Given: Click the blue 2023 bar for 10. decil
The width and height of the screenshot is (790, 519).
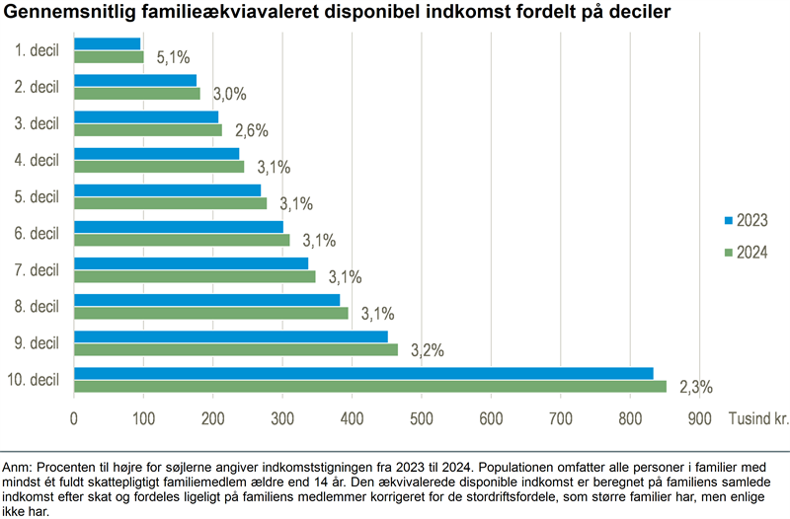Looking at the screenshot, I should pos(363,373).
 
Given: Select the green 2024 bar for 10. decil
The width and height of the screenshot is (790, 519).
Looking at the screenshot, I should pos(370,386).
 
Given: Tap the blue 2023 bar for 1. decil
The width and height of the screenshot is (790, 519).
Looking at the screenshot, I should pos(108,43).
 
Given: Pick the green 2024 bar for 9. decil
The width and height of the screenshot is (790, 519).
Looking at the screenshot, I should pos(236,349).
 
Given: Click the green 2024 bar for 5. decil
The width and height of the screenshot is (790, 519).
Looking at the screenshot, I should pos(171,203).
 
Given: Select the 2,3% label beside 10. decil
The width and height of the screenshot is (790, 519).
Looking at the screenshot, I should pos(696,386).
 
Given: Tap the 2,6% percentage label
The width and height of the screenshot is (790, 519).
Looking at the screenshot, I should pos(252,130).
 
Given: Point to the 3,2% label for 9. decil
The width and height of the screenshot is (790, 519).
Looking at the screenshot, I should pos(428,349).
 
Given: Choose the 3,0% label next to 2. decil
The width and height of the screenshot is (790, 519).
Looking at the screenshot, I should pos(229,94).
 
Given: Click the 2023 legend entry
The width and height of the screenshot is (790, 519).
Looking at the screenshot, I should pos(747,220).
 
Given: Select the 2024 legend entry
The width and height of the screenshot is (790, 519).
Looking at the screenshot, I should pos(747,253).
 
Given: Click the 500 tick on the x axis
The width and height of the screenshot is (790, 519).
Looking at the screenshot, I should pos(422,418).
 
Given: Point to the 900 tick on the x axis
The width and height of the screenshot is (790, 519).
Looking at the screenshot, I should pos(699,418).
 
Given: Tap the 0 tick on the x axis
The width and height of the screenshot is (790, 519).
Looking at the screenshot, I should pos(74,418).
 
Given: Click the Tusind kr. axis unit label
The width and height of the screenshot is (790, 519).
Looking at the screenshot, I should pos(758,418).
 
